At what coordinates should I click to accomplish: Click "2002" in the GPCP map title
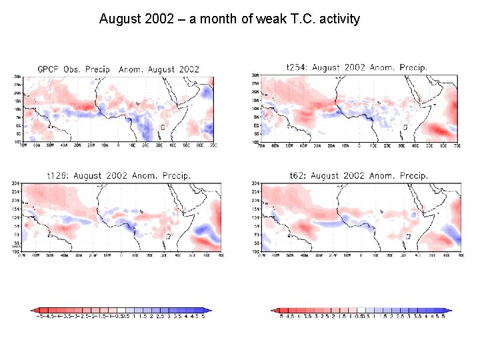(187, 69)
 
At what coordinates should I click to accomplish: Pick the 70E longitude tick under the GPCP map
(211, 145)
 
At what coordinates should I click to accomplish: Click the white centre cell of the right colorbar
(361, 310)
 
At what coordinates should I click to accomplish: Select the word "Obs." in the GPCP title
(75, 69)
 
